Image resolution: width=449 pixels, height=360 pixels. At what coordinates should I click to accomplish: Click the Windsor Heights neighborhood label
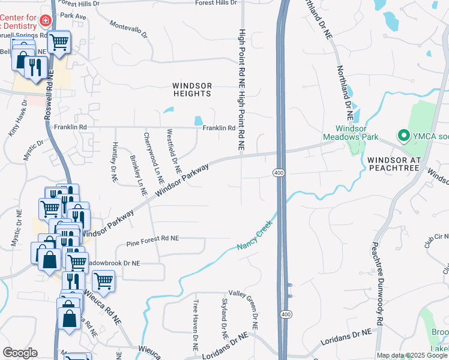[192, 89]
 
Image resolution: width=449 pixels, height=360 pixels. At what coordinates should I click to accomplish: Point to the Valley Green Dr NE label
[255, 314]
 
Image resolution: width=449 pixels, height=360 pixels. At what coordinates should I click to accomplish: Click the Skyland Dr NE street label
[225, 316]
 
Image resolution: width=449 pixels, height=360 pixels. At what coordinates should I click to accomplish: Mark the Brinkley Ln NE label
[139, 175]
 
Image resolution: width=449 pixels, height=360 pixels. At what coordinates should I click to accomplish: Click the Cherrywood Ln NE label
[154, 158]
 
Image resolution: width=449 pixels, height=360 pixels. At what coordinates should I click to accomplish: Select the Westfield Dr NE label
[173, 149]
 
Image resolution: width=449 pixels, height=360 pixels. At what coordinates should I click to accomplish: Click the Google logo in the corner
[20, 353]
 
